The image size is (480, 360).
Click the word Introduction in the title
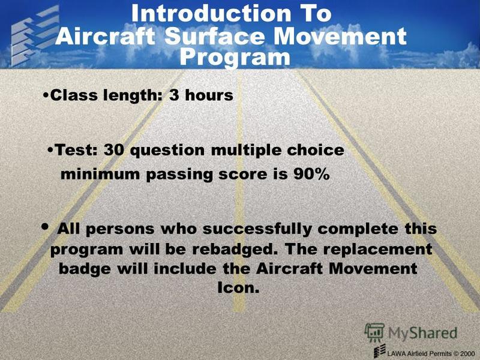click(x=211, y=13)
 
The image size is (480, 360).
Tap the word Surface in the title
click(x=214, y=36)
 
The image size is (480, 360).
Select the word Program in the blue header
click(x=235, y=58)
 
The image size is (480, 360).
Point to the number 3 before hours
click(x=174, y=95)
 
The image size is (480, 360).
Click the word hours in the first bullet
click(x=209, y=95)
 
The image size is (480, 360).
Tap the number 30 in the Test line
click(x=114, y=150)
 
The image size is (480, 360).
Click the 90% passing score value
click(x=311, y=174)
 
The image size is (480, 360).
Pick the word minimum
click(x=100, y=174)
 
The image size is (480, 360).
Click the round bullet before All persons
click(x=45, y=227)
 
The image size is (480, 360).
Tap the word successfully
click(x=257, y=230)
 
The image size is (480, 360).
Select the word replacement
click(x=378, y=250)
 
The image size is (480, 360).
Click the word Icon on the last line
click(x=238, y=287)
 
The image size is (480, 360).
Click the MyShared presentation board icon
click(x=374, y=333)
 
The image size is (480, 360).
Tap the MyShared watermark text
click(x=423, y=334)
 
